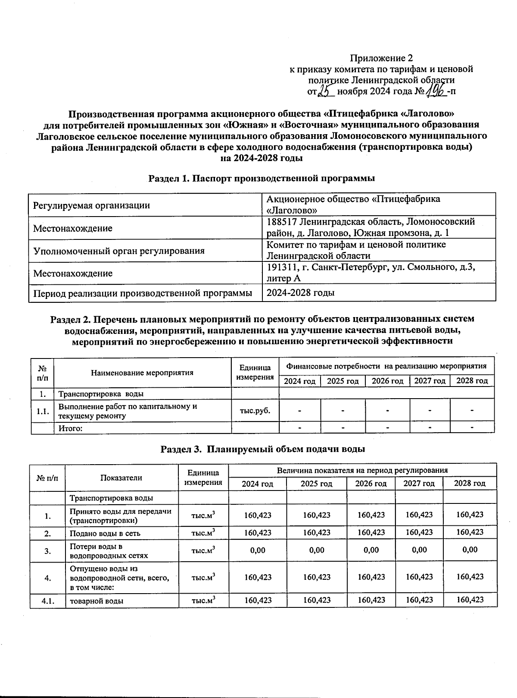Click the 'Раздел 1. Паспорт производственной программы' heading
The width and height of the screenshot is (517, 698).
pos(262,178)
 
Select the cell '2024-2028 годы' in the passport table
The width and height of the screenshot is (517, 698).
pos(300,293)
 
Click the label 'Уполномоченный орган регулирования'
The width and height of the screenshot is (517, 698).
pos(118,251)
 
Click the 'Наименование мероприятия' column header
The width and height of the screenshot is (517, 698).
pos(142,373)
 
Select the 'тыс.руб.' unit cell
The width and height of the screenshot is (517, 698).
pos(255,410)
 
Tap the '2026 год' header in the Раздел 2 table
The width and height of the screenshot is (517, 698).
pos(387,381)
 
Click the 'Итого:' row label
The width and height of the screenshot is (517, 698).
pos(70,428)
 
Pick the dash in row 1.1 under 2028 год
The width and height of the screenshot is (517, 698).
pos(472,410)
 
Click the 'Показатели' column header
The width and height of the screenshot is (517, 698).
pos(121,478)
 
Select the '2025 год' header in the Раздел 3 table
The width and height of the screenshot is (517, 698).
pos(316,484)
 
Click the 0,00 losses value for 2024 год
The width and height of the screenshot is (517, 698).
pos(258,550)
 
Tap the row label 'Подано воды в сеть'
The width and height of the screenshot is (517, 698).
pos(105,533)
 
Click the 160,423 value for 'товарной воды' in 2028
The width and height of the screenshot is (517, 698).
pos(470,600)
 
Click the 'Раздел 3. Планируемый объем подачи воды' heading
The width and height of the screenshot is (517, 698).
pos(263,449)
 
